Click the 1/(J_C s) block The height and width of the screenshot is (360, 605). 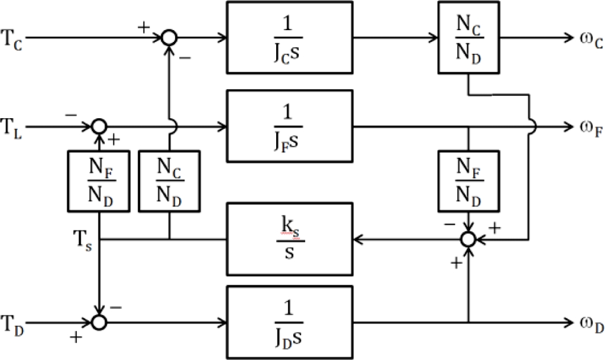(289, 37)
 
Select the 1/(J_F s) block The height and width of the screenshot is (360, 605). (289, 126)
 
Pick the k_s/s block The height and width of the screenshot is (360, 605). (289, 239)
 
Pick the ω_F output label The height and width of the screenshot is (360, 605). (591, 128)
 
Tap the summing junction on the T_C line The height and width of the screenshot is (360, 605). (169, 37)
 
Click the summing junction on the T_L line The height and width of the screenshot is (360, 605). (99, 127)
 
